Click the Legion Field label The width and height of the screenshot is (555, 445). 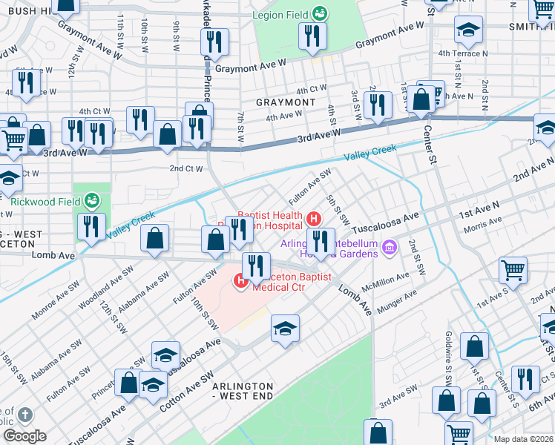click(280, 14)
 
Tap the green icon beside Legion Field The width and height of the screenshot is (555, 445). click(320, 13)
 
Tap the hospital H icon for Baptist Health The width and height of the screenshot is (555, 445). click(313, 219)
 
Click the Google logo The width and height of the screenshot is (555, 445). click(24, 435)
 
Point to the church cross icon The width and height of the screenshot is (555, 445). click(24, 414)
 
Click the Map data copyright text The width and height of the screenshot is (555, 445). click(523, 439)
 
